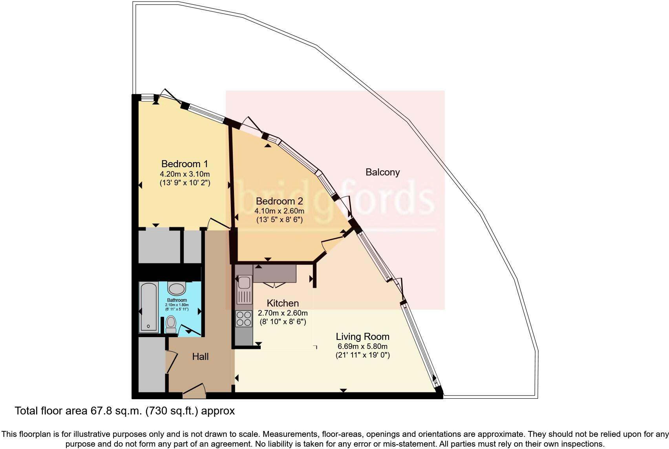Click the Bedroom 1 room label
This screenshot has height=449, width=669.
click(185, 164)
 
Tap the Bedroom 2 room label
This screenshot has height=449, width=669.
click(279, 201)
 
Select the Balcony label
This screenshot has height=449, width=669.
click(382, 172)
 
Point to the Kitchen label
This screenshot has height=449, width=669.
click(283, 303)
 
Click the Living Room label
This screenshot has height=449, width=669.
click(362, 336)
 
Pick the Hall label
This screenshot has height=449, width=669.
click(200, 356)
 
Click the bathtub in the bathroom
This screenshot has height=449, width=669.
click(149, 307)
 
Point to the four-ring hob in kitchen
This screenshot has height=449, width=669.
click(243, 318)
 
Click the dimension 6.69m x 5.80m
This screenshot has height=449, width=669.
click(362, 346)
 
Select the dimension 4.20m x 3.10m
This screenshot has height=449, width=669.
click(185, 174)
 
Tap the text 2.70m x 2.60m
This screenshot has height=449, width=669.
click(283, 313)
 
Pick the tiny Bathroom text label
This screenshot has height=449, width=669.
click(177, 300)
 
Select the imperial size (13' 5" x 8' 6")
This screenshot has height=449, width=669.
click(279, 219)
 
